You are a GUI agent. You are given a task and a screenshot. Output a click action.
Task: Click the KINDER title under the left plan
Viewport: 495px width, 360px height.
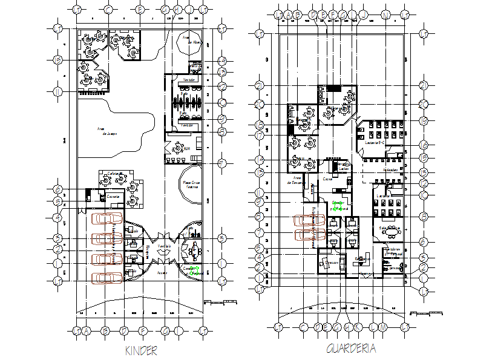point(141,351)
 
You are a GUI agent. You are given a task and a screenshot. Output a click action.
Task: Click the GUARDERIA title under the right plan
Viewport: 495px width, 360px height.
point(351,349)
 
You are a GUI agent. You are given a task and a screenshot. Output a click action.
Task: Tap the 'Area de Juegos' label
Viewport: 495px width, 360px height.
point(106,131)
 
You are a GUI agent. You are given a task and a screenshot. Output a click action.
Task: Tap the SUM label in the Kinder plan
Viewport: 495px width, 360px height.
point(187,148)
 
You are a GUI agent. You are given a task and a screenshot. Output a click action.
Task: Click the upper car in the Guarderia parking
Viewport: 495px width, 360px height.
point(309,221)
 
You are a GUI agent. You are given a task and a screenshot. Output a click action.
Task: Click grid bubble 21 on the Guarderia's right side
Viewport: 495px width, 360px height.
point(423,85)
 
